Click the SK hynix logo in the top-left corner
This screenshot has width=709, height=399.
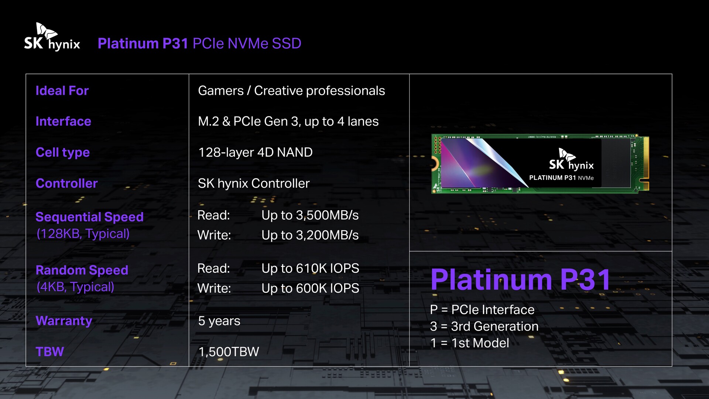coord(52,37)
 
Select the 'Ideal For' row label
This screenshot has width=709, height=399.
coord(62,91)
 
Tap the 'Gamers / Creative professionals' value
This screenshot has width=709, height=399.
coord(291,91)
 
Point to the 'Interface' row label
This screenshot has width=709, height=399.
coord(63,121)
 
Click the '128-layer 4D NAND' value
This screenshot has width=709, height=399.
coord(256,152)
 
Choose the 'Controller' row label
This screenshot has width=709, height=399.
coord(66,183)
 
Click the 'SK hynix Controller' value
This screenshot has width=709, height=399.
coord(254,183)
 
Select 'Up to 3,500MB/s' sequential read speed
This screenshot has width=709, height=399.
coord(310,215)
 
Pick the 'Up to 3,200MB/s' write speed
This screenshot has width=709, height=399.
coord(310,235)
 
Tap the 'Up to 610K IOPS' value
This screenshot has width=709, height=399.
coord(310,268)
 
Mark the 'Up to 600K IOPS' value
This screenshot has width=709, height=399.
coord(310,288)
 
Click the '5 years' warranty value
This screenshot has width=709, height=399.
coord(219,321)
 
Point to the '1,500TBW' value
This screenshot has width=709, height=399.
coord(229,352)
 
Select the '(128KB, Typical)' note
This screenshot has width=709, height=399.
coord(83,233)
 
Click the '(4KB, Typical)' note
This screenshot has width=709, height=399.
coord(75,287)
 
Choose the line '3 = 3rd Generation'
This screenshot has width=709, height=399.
coord(484,326)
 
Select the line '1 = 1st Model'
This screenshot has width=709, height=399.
coord(470,343)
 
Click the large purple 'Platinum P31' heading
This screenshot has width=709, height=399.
coord(521,279)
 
